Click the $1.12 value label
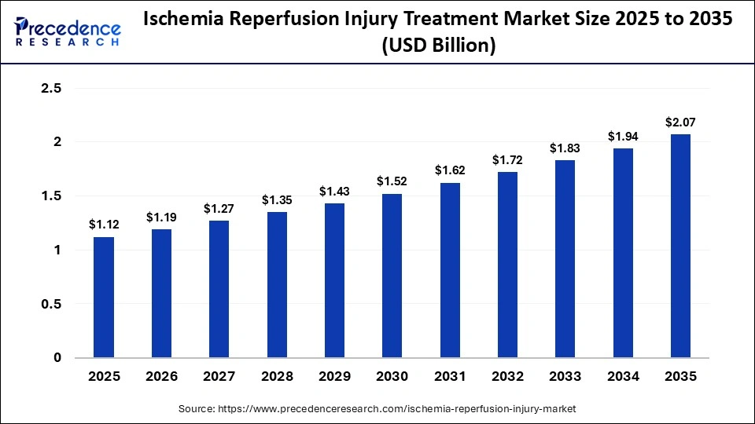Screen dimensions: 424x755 coord(104,225)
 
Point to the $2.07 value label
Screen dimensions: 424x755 coord(680,122)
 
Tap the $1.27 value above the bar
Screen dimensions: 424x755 coord(219,209)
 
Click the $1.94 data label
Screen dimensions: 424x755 coord(623,137)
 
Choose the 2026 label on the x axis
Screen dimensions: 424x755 coord(161,377)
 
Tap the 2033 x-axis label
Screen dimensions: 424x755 coord(565,377)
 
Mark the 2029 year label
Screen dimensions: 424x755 coord(334,377)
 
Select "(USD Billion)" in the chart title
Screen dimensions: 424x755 coord(438,46)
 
